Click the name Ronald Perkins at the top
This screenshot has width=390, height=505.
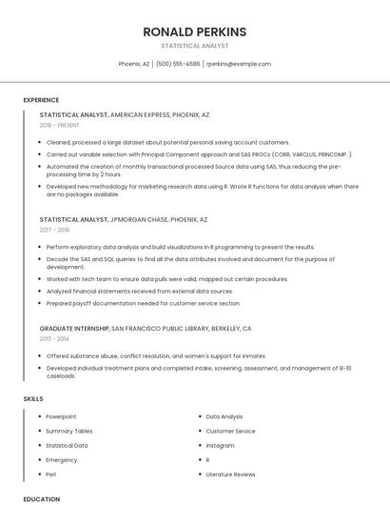[x=194, y=31]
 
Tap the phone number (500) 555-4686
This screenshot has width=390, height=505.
[x=178, y=64]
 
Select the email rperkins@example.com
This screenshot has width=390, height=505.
[x=239, y=64]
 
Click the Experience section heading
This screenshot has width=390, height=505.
[x=41, y=100]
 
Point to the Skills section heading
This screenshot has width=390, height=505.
[x=33, y=398]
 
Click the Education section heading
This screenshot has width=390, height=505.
[x=41, y=498]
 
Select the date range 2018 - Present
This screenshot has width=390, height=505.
[x=59, y=125]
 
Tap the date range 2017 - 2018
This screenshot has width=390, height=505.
[x=54, y=230]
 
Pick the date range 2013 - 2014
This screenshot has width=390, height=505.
[x=54, y=338]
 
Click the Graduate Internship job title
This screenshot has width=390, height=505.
[x=74, y=328]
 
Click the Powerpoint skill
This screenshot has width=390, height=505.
[x=61, y=416]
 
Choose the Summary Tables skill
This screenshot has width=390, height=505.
[x=69, y=431]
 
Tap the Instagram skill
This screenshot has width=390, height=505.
[x=220, y=445]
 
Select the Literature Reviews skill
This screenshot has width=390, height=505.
[x=231, y=474]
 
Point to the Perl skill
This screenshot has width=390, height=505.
[x=51, y=474]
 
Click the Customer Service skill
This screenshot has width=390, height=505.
[x=231, y=431]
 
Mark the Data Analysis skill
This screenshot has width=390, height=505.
[x=224, y=416]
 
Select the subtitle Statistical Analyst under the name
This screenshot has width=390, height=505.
[x=194, y=45]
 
